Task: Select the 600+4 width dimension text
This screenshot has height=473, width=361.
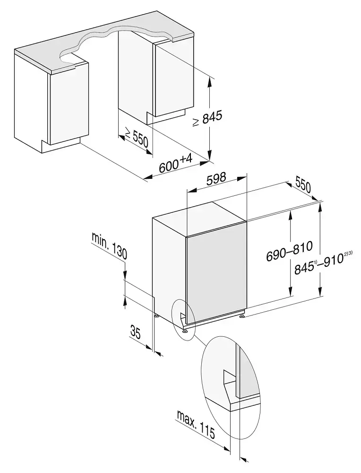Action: click(x=175, y=166)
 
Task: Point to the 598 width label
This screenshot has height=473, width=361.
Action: click(x=217, y=178)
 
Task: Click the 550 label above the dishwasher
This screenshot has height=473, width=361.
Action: click(x=303, y=184)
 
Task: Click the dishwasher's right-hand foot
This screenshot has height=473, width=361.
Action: click(x=242, y=315)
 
